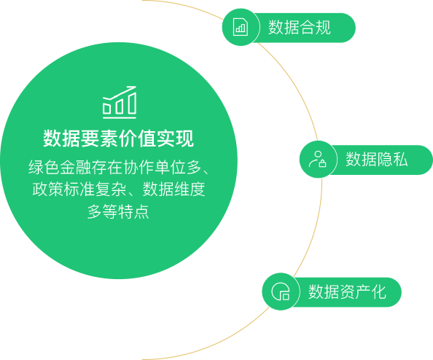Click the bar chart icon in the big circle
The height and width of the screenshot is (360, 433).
point(120,103)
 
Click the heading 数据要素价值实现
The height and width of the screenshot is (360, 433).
point(119,138)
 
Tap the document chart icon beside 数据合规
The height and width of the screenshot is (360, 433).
point(241,27)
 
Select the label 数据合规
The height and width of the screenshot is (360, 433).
point(300,28)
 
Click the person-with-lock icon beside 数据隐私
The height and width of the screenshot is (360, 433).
point(318,159)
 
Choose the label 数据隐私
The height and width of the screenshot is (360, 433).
point(377,160)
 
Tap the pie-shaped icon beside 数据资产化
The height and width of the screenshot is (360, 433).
point(281,291)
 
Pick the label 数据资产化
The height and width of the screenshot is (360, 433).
point(347,291)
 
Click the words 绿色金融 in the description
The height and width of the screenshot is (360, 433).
point(60,167)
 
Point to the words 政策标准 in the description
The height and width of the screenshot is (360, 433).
point(63,189)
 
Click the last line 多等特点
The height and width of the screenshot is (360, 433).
point(118,211)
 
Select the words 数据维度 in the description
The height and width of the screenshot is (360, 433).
point(173,189)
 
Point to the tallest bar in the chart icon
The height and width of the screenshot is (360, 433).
point(132,103)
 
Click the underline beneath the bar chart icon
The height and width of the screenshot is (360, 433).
point(120,118)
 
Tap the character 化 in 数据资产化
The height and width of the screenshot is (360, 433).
point(378,291)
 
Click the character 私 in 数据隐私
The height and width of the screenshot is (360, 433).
point(400,160)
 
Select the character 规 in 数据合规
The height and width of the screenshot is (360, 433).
point(323,28)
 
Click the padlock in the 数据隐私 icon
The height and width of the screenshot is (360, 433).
point(322,163)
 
